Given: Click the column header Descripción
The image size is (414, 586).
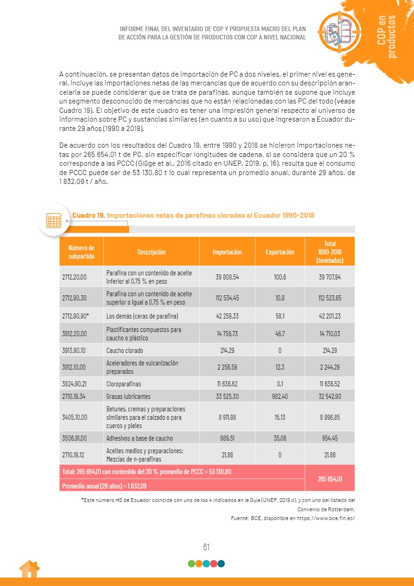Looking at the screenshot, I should click(151, 252).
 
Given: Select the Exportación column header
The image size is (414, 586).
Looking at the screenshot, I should click(280, 252).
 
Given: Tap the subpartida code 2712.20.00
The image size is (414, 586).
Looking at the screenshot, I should click(74, 277).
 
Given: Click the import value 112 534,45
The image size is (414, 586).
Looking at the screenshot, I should click(227, 298).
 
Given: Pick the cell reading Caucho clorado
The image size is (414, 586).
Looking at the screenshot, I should click(124, 351).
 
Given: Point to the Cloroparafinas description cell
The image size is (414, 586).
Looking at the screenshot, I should click(123, 384).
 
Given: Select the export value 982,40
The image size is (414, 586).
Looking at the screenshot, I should click(280, 397).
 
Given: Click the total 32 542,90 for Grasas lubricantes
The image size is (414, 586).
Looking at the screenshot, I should click(330, 397).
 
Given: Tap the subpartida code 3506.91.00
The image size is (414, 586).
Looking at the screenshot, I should click(74, 438).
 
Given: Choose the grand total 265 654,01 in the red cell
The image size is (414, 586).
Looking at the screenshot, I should click(330, 479).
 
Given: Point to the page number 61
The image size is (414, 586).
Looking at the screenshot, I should click(206, 547).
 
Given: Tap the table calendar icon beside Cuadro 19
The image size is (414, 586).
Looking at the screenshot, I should click(54, 220).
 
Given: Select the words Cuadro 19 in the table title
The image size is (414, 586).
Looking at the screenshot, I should click(88, 215).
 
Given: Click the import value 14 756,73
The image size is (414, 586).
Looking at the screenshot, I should click(227, 333).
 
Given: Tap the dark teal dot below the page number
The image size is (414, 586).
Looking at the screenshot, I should click(221, 564).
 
